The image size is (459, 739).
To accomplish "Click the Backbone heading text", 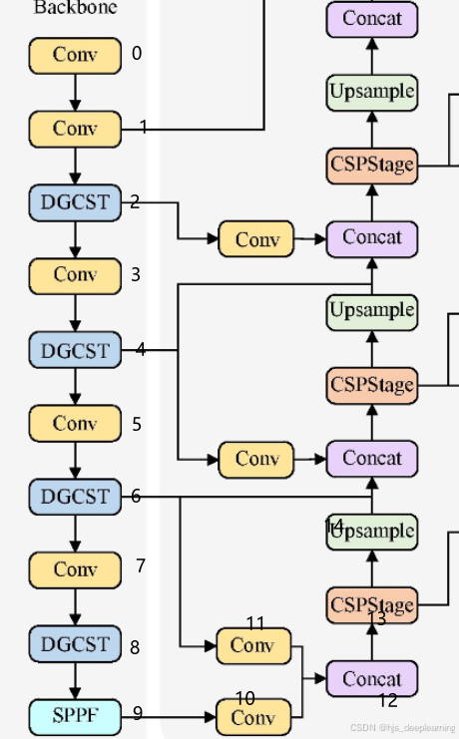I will click(75, 8).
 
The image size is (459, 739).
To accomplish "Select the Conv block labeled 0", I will click(75, 55).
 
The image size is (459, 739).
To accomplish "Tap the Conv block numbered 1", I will click(75, 129).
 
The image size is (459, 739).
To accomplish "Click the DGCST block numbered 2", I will click(75, 202).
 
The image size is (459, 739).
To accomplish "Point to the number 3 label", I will click(136, 274).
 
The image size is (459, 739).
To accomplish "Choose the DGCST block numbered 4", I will click(75, 350).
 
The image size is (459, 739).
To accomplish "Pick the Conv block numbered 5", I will click(75, 423).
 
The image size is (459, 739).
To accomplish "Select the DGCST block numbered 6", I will click(75, 496).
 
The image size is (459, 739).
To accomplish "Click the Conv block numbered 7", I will click(75, 569).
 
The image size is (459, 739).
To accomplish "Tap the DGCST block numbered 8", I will click(75, 643).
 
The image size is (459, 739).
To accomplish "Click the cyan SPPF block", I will click(75, 714).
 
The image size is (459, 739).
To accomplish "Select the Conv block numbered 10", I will click(253, 717).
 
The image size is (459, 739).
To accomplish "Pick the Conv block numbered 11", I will click(253, 645).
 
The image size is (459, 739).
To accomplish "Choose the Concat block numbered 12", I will click(371, 678).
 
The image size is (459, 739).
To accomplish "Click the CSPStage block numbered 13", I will click(371, 605).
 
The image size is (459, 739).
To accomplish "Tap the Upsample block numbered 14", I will click(371, 532).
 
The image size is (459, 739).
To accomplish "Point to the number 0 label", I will click(137, 54).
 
